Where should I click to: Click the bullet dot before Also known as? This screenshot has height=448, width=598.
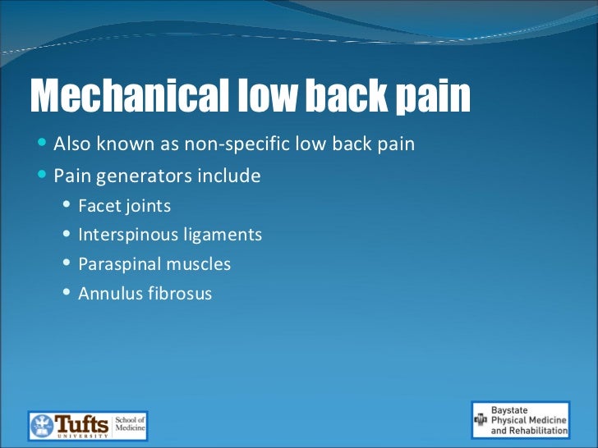coord(43,144)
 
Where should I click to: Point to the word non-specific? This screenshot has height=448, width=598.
coord(251,144)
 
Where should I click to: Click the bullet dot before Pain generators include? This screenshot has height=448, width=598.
coord(43,176)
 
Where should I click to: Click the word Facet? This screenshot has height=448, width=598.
coord(97,206)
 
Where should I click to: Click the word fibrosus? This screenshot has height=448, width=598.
coord(178,294)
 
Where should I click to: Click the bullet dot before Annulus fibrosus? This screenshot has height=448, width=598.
coord(67,293)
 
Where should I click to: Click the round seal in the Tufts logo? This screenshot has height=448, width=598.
coord(42,426)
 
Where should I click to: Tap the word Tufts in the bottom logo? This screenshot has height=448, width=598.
coord(81,424)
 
